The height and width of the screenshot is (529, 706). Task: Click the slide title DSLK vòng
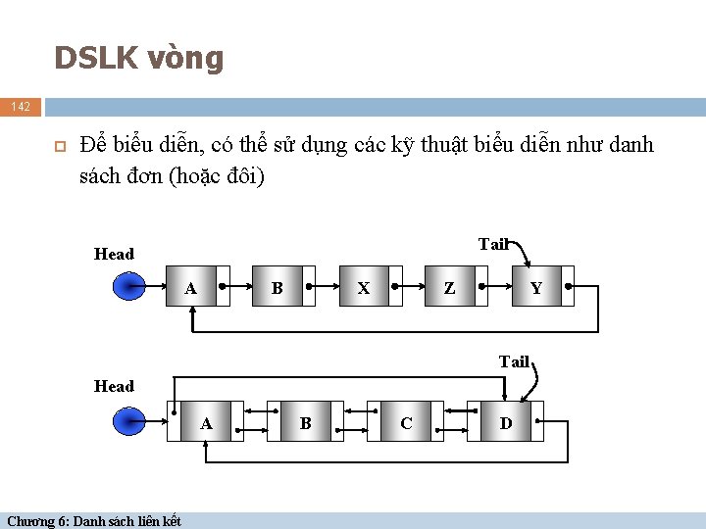[139, 59]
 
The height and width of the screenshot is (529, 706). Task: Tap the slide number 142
[22, 106]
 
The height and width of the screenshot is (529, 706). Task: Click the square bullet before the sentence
[59, 147]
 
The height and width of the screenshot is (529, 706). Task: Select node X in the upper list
[364, 288]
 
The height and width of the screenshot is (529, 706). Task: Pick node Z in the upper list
[449, 288]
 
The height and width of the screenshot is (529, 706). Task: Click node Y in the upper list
[535, 288]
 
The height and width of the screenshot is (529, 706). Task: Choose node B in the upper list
[277, 288]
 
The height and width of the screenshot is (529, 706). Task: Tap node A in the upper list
[192, 288]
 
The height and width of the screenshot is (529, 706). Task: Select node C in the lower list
[406, 422]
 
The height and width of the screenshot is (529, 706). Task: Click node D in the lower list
[506, 422]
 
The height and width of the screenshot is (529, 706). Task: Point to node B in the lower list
[306, 422]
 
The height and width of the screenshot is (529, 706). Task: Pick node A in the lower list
[206, 422]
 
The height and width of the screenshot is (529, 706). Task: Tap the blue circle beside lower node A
[127, 422]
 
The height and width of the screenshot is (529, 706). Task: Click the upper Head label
[114, 254]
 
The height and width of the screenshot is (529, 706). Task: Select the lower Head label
[114, 386]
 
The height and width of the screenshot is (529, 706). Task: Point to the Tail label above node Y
[493, 244]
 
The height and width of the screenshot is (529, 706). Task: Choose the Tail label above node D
[514, 361]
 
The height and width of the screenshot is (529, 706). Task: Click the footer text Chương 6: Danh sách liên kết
[94, 520]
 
